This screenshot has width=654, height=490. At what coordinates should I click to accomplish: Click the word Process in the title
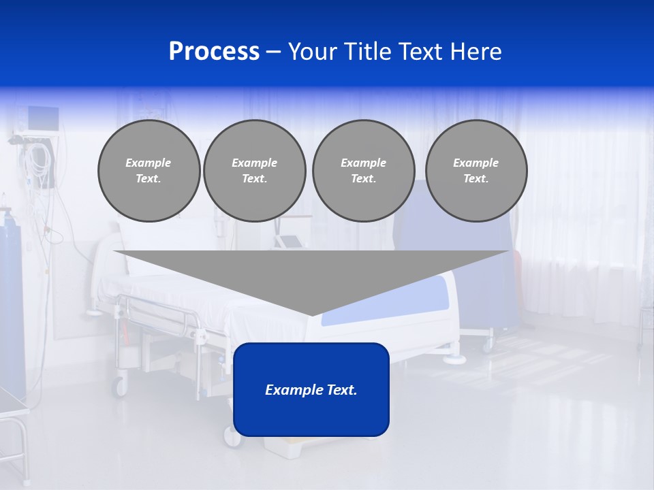[x=214, y=52]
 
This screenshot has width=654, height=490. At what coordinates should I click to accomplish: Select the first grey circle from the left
[x=149, y=171]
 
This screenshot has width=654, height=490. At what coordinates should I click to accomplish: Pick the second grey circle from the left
[x=254, y=171]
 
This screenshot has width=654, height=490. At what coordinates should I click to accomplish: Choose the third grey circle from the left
[x=363, y=171]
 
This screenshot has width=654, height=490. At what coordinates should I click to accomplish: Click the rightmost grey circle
[x=476, y=171]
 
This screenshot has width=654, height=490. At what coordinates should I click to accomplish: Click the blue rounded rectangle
[x=311, y=389]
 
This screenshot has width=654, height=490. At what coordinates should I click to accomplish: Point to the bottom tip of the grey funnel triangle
[x=311, y=314]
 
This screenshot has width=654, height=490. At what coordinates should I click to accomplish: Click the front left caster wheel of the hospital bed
[x=121, y=387]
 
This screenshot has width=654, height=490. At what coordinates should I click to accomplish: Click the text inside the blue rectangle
[x=311, y=390]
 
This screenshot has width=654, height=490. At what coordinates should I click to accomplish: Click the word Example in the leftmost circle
[x=149, y=163]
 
